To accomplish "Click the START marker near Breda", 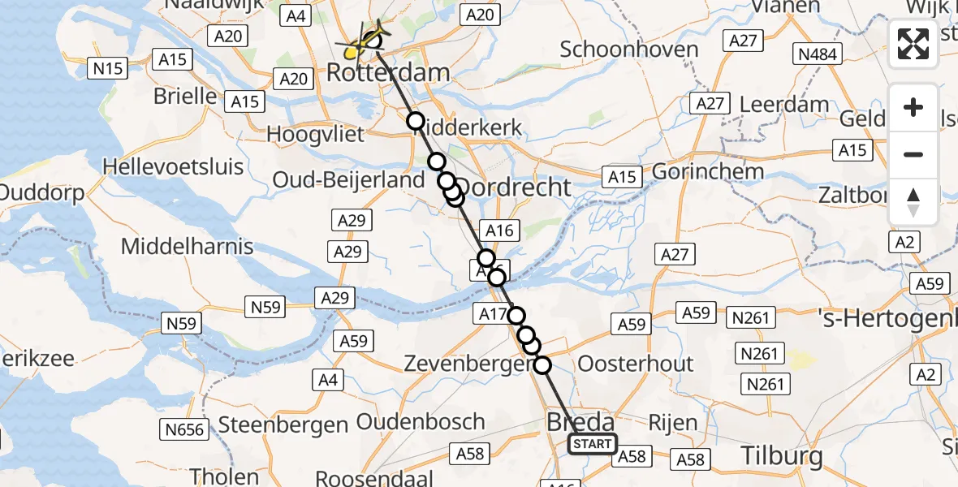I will pos(592,444).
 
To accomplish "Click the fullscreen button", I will pos(913,43).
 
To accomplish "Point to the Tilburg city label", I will pos(782,455).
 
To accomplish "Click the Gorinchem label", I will pos(707,172).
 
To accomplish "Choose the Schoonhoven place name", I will pos(629,49).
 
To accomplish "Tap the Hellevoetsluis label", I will pos(173,167).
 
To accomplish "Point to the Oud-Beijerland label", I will pos(349,180).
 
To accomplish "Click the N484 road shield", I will pos(818,54).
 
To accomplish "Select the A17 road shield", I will pos(494,313).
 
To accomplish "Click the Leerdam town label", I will pos(784,105).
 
